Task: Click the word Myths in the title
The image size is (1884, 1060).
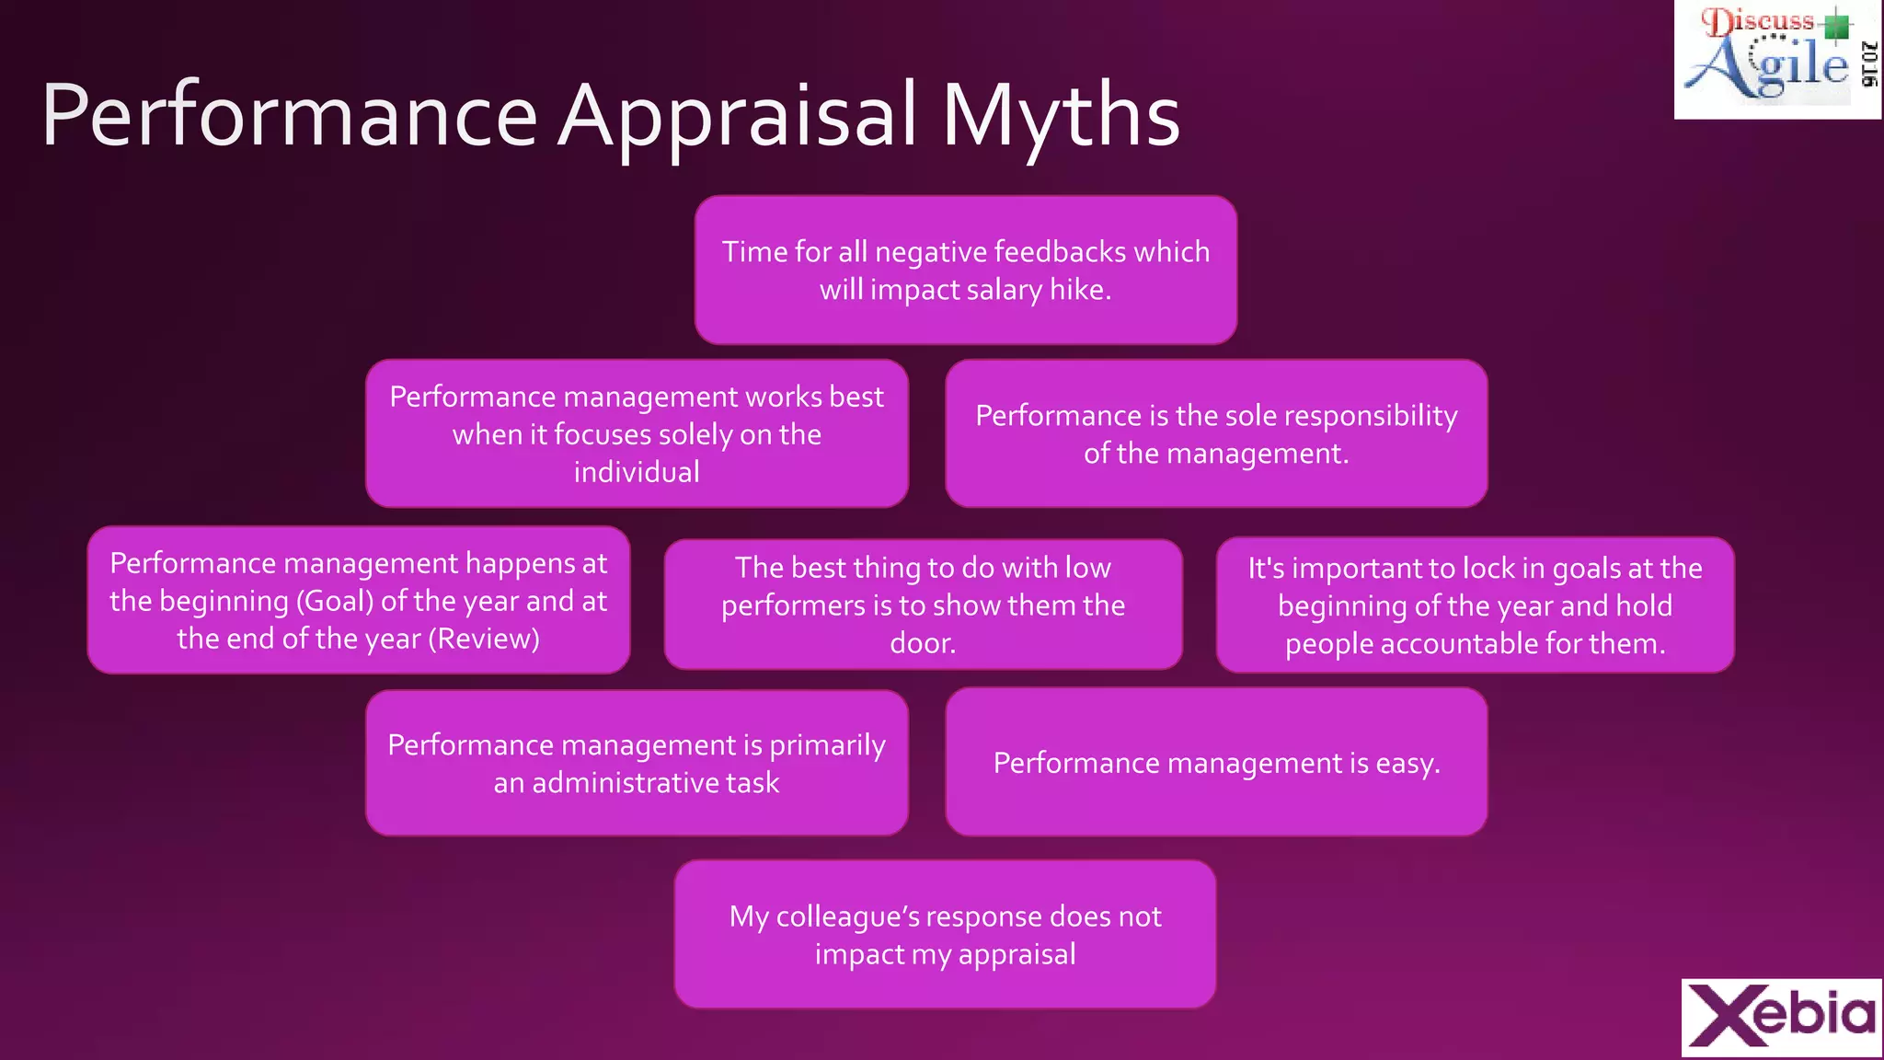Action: click(1060, 117)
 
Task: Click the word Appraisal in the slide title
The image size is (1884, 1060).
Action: click(738, 117)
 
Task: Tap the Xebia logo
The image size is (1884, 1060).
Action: click(1782, 1017)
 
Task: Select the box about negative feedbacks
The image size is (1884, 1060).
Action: click(965, 270)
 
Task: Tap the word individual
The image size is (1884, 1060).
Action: click(637, 472)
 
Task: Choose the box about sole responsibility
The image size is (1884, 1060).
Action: click(1215, 433)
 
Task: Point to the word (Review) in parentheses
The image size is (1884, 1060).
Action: click(484, 639)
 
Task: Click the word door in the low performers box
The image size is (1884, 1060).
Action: click(922, 643)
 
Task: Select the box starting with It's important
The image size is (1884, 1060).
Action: click(1475, 605)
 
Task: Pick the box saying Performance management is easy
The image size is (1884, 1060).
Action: click(1215, 762)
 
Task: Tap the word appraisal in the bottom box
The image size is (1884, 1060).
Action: click(1017, 954)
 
